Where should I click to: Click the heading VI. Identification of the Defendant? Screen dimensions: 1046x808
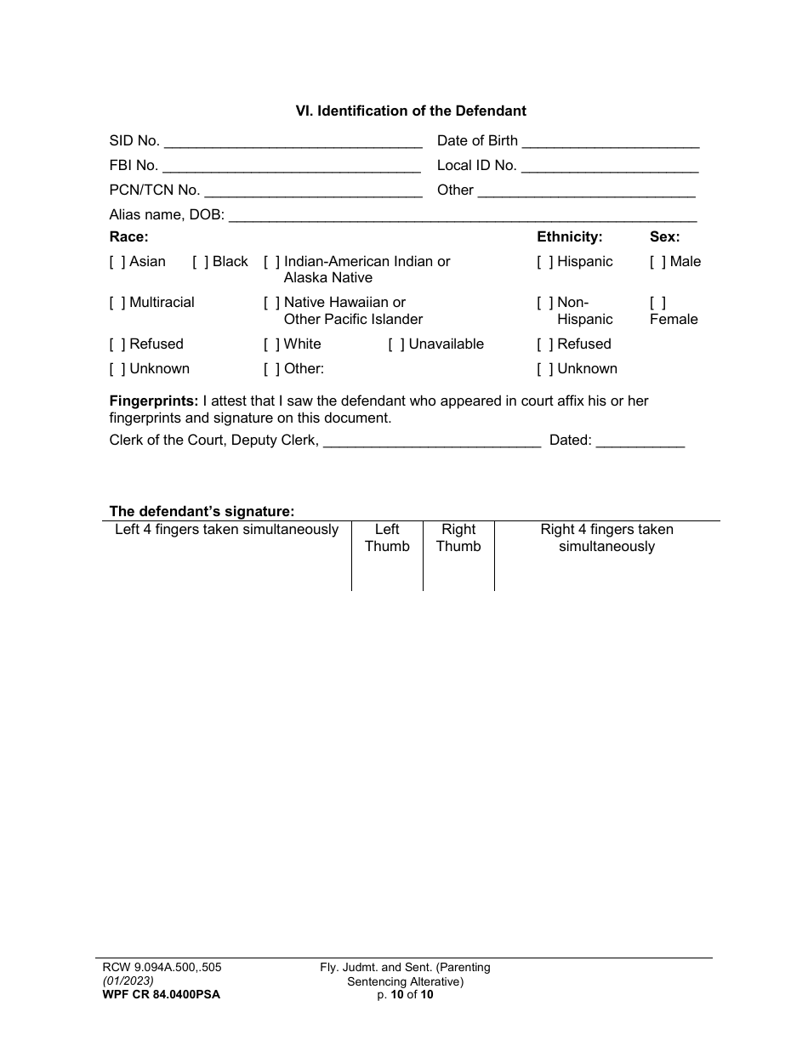tap(411, 111)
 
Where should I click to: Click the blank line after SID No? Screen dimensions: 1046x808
tap(293, 141)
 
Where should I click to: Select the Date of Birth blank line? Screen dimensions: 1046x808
tap(610, 141)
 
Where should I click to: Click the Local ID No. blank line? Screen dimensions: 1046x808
tap(609, 166)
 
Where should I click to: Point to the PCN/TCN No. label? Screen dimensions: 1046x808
tap(154, 190)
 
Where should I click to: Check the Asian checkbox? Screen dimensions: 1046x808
tap(117, 262)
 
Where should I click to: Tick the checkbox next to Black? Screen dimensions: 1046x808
tap(201, 262)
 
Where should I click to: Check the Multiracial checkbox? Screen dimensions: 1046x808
tap(117, 303)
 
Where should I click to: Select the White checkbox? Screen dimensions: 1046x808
tap(272, 344)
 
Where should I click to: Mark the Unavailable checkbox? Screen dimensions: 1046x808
tap(396, 344)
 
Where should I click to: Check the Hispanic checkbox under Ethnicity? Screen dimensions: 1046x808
tap(545, 262)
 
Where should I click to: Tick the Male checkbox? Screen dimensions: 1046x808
tap(658, 262)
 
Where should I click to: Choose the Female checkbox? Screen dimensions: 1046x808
tap(658, 303)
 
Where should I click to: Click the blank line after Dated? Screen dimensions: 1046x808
tap(640, 441)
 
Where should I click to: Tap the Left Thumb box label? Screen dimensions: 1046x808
tap(387, 538)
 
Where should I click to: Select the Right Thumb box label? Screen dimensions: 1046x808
tap(458, 538)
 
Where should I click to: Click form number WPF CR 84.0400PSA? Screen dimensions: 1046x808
tap(156, 993)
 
